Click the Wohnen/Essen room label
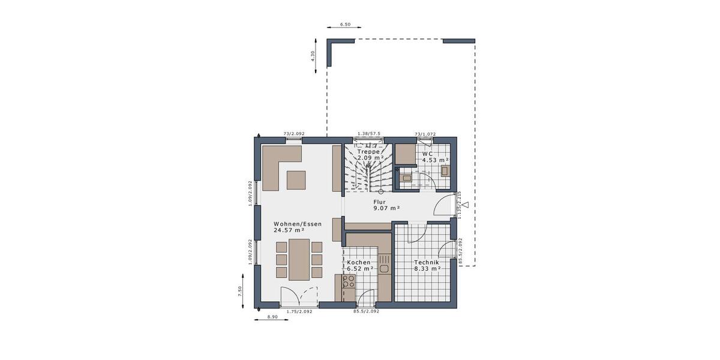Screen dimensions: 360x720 coord(298,224)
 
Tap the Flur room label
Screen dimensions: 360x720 coord(379,202)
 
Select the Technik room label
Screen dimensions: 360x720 coord(427,263)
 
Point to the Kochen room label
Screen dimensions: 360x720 coord(359,263)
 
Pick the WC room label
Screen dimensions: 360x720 coord(428,154)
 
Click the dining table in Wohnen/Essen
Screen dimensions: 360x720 coord(299,259)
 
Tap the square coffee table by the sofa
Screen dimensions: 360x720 coord(296,179)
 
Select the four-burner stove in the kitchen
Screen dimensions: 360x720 coord(349,281)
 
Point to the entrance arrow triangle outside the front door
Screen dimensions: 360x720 coord(465,205)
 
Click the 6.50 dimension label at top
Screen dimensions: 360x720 coord(345,25)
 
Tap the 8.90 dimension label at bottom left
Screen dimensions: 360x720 coord(272,316)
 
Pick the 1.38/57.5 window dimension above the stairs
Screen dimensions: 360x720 coord(369,134)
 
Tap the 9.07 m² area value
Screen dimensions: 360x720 coord(386,208)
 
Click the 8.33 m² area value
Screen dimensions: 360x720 coord(428,269)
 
